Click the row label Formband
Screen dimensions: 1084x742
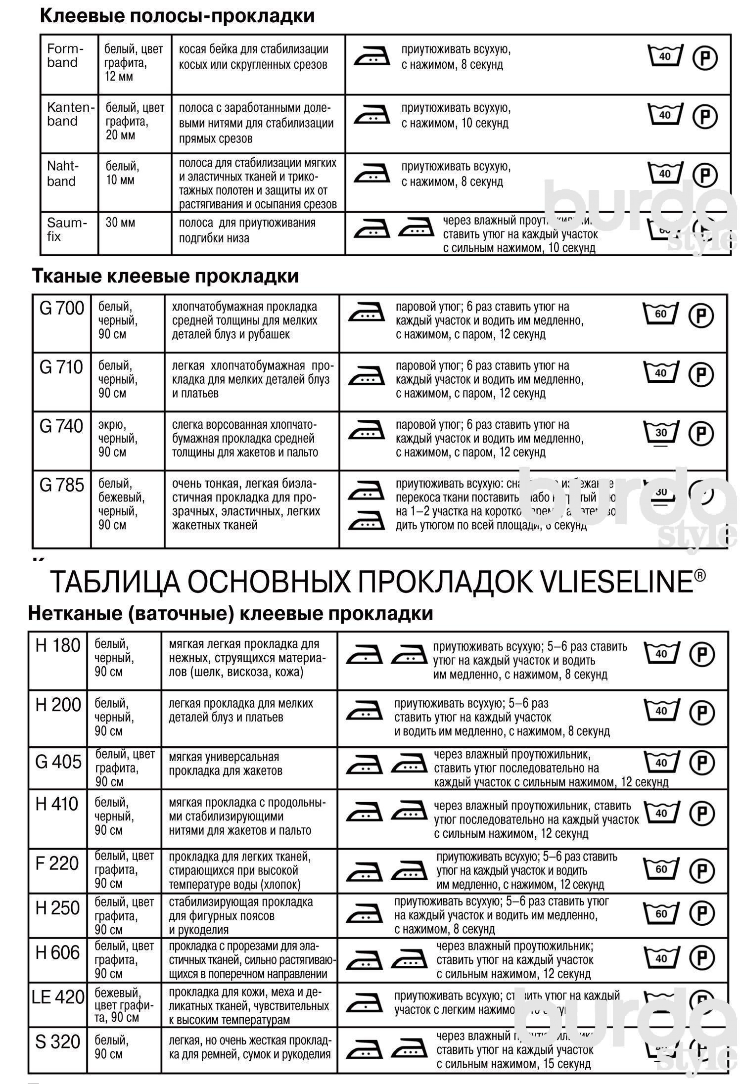click(x=65, y=56)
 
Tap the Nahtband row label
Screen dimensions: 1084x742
click(x=62, y=174)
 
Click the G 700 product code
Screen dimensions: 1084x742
click(x=61, y=309)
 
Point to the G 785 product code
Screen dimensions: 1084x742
click(x=61, y=485)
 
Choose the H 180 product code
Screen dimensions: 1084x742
click(x=57, y=645)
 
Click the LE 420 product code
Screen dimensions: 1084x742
click(x=58, y=996)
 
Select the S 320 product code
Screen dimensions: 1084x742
click(x=57, y=1041)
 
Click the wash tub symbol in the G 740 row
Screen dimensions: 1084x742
click(x=661, y=432)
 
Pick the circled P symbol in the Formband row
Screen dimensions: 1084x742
click(x=704, y=58)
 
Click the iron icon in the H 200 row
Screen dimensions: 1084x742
click(x=364, y=711)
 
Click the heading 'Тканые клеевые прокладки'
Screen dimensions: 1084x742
click(x=165, y=276)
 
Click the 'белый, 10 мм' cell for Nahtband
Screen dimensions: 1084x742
click(x=122, y=173)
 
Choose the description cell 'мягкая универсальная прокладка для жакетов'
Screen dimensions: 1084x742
click(x=224, y=764)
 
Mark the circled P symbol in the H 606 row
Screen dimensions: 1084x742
click(x=702, y=958)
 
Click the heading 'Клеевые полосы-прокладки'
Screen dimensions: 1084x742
click(x=177, y=16)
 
